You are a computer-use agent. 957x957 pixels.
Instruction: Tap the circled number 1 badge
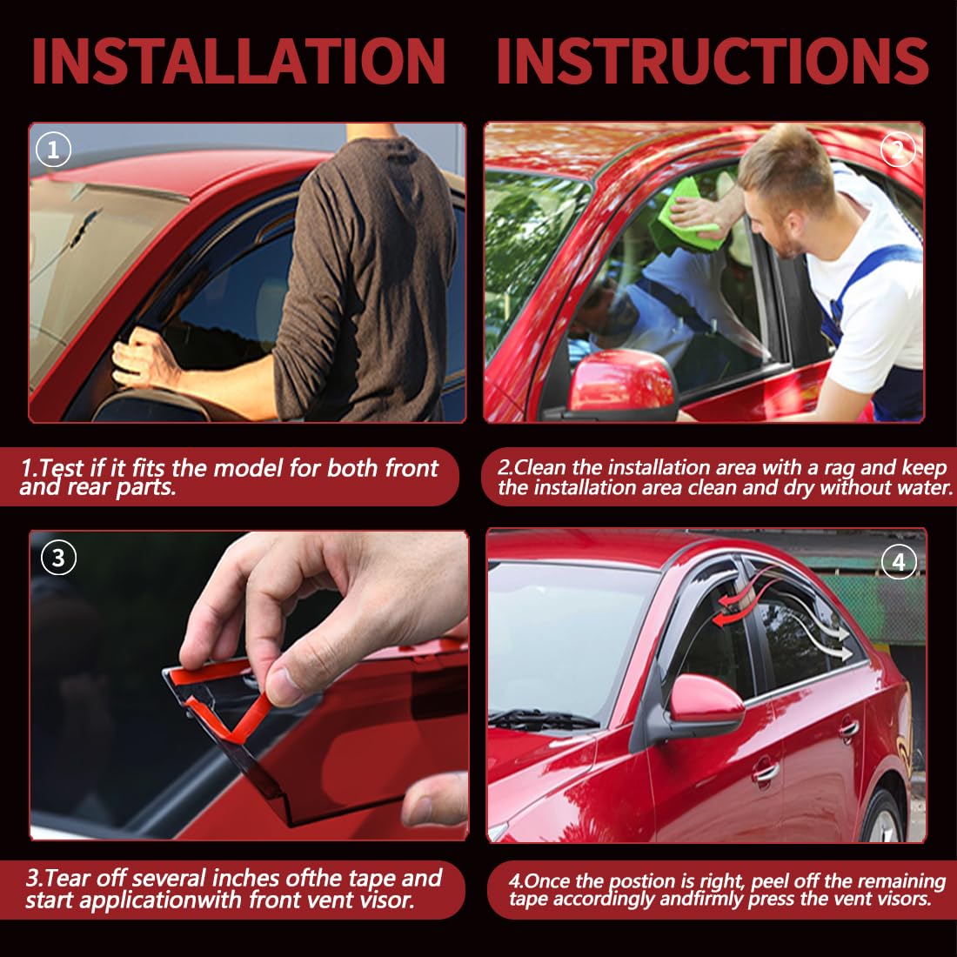53,151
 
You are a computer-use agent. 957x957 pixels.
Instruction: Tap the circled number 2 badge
897,151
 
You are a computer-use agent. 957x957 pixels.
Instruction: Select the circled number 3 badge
58,557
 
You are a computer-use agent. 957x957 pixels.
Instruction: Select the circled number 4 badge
899,561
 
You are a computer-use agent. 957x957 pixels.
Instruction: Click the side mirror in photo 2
619,383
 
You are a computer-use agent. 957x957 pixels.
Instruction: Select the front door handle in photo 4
765,770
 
